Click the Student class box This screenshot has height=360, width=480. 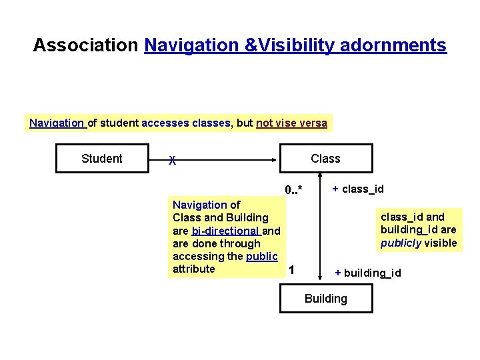click(x=101, y=159)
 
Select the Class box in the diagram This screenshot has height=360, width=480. click(x=325, y=159)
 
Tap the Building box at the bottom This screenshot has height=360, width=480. click(x=325, y=299)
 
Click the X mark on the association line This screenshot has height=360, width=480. click(x=173, y=160)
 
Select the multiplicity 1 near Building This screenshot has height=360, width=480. click(x=291, y=270)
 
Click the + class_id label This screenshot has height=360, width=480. click(x=358, y=189)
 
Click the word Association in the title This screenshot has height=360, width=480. click(x=85, y=45)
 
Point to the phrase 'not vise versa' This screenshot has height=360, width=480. click(x=291, y=123)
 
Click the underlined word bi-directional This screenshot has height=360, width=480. click(x=226, y=231)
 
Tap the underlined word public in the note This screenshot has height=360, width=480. click(x=261, y=256)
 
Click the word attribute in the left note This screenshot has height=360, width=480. click(x=193, y=269)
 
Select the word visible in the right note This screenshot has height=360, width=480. click(x=441, y=243)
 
